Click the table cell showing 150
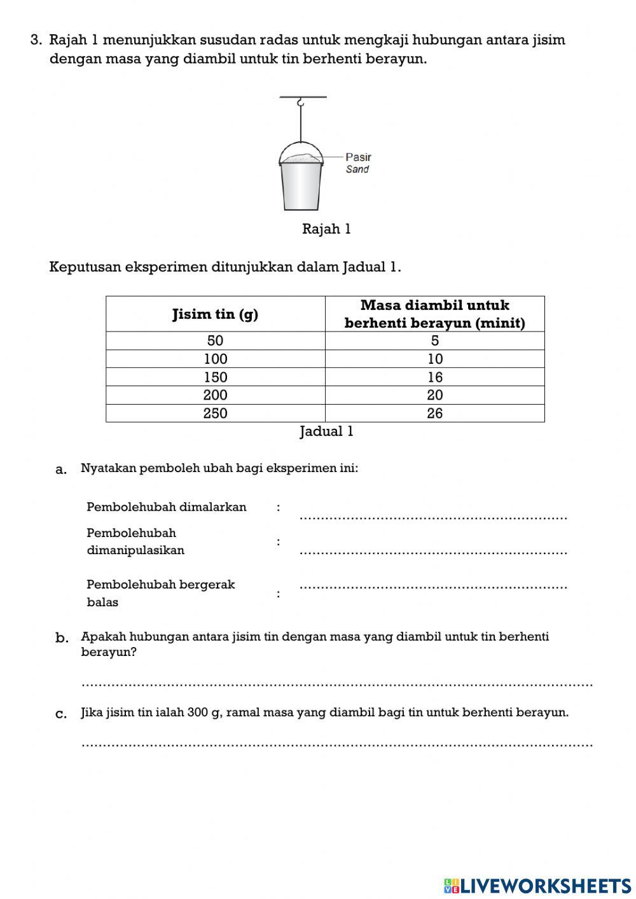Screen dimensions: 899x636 click(x=215, y=377)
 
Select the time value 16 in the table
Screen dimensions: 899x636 click(x=435, y=377)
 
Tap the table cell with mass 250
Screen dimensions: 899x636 click(x=215, y=413)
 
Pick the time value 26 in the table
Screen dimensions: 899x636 click(x=435, y=413)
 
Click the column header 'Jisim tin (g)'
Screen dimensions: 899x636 click(x=215, y=314)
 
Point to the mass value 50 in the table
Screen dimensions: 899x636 click(x=215, y=340)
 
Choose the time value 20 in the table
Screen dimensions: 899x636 click(x=435, y=395)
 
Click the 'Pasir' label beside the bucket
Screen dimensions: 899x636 click(x=358, y=157)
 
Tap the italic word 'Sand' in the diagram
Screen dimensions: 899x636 click(x=357, y=169)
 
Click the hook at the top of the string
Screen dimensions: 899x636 click(x=301, y=102)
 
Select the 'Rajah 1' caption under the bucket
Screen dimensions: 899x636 click(x=326, y=229)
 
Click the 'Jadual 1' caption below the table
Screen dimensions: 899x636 click(x=326, y=431)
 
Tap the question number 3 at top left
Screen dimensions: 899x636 click(x=36, y=40)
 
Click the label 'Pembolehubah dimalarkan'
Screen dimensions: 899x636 click(x=167, y=507)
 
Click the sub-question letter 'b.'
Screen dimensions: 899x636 click(x=62, y=638)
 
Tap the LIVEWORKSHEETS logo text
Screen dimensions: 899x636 click(x=544, y=885)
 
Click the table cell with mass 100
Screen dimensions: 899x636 click(x=215, y=359)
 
